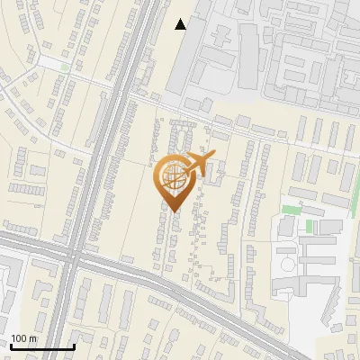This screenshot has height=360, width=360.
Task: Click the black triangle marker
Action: (182, 24)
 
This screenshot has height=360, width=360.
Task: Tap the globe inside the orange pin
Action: (174, 179)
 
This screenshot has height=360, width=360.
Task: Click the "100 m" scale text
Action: (24, 338)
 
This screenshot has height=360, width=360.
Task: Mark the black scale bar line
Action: (42, 346)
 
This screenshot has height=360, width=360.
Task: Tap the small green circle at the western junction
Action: (65, 67)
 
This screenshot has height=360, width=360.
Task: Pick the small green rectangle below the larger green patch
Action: (309, 224)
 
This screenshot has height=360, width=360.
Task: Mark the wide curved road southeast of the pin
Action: (225, 306)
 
